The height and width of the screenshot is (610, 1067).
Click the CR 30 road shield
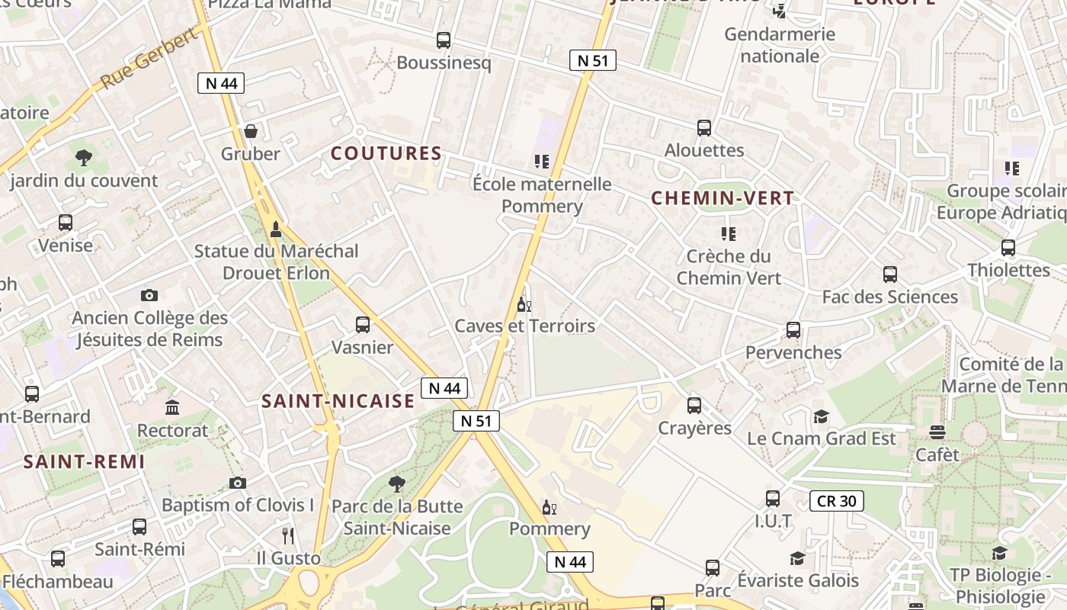(836, 501)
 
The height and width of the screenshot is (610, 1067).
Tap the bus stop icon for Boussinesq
(443, 40)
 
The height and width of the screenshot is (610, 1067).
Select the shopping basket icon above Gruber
(251, 131)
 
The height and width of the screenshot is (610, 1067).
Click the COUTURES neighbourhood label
(386, 153)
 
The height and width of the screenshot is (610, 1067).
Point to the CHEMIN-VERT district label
(723, 198)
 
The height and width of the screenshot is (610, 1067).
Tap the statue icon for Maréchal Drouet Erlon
(276, 228)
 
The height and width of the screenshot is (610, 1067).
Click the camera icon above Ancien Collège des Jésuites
(149, 295)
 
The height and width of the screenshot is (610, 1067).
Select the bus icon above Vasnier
(363, 325)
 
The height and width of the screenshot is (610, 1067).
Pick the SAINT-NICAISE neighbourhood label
(338, 401)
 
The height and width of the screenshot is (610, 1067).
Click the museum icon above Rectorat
(172, 407)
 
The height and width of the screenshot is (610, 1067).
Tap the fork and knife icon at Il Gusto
(288, 535)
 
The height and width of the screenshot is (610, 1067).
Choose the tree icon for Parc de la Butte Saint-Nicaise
(396, 483)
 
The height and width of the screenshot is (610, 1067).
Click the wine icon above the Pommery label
(549, 507)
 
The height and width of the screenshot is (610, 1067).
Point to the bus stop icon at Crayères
(694, 405)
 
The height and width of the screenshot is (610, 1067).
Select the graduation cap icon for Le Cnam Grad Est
(821, 416)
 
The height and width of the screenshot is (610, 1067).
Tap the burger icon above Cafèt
(937, 432)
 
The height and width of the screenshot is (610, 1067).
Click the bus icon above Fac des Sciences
(889, 274)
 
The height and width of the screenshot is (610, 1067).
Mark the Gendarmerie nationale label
(780, 45)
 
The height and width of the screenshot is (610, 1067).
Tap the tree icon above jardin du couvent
(84, 158)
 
